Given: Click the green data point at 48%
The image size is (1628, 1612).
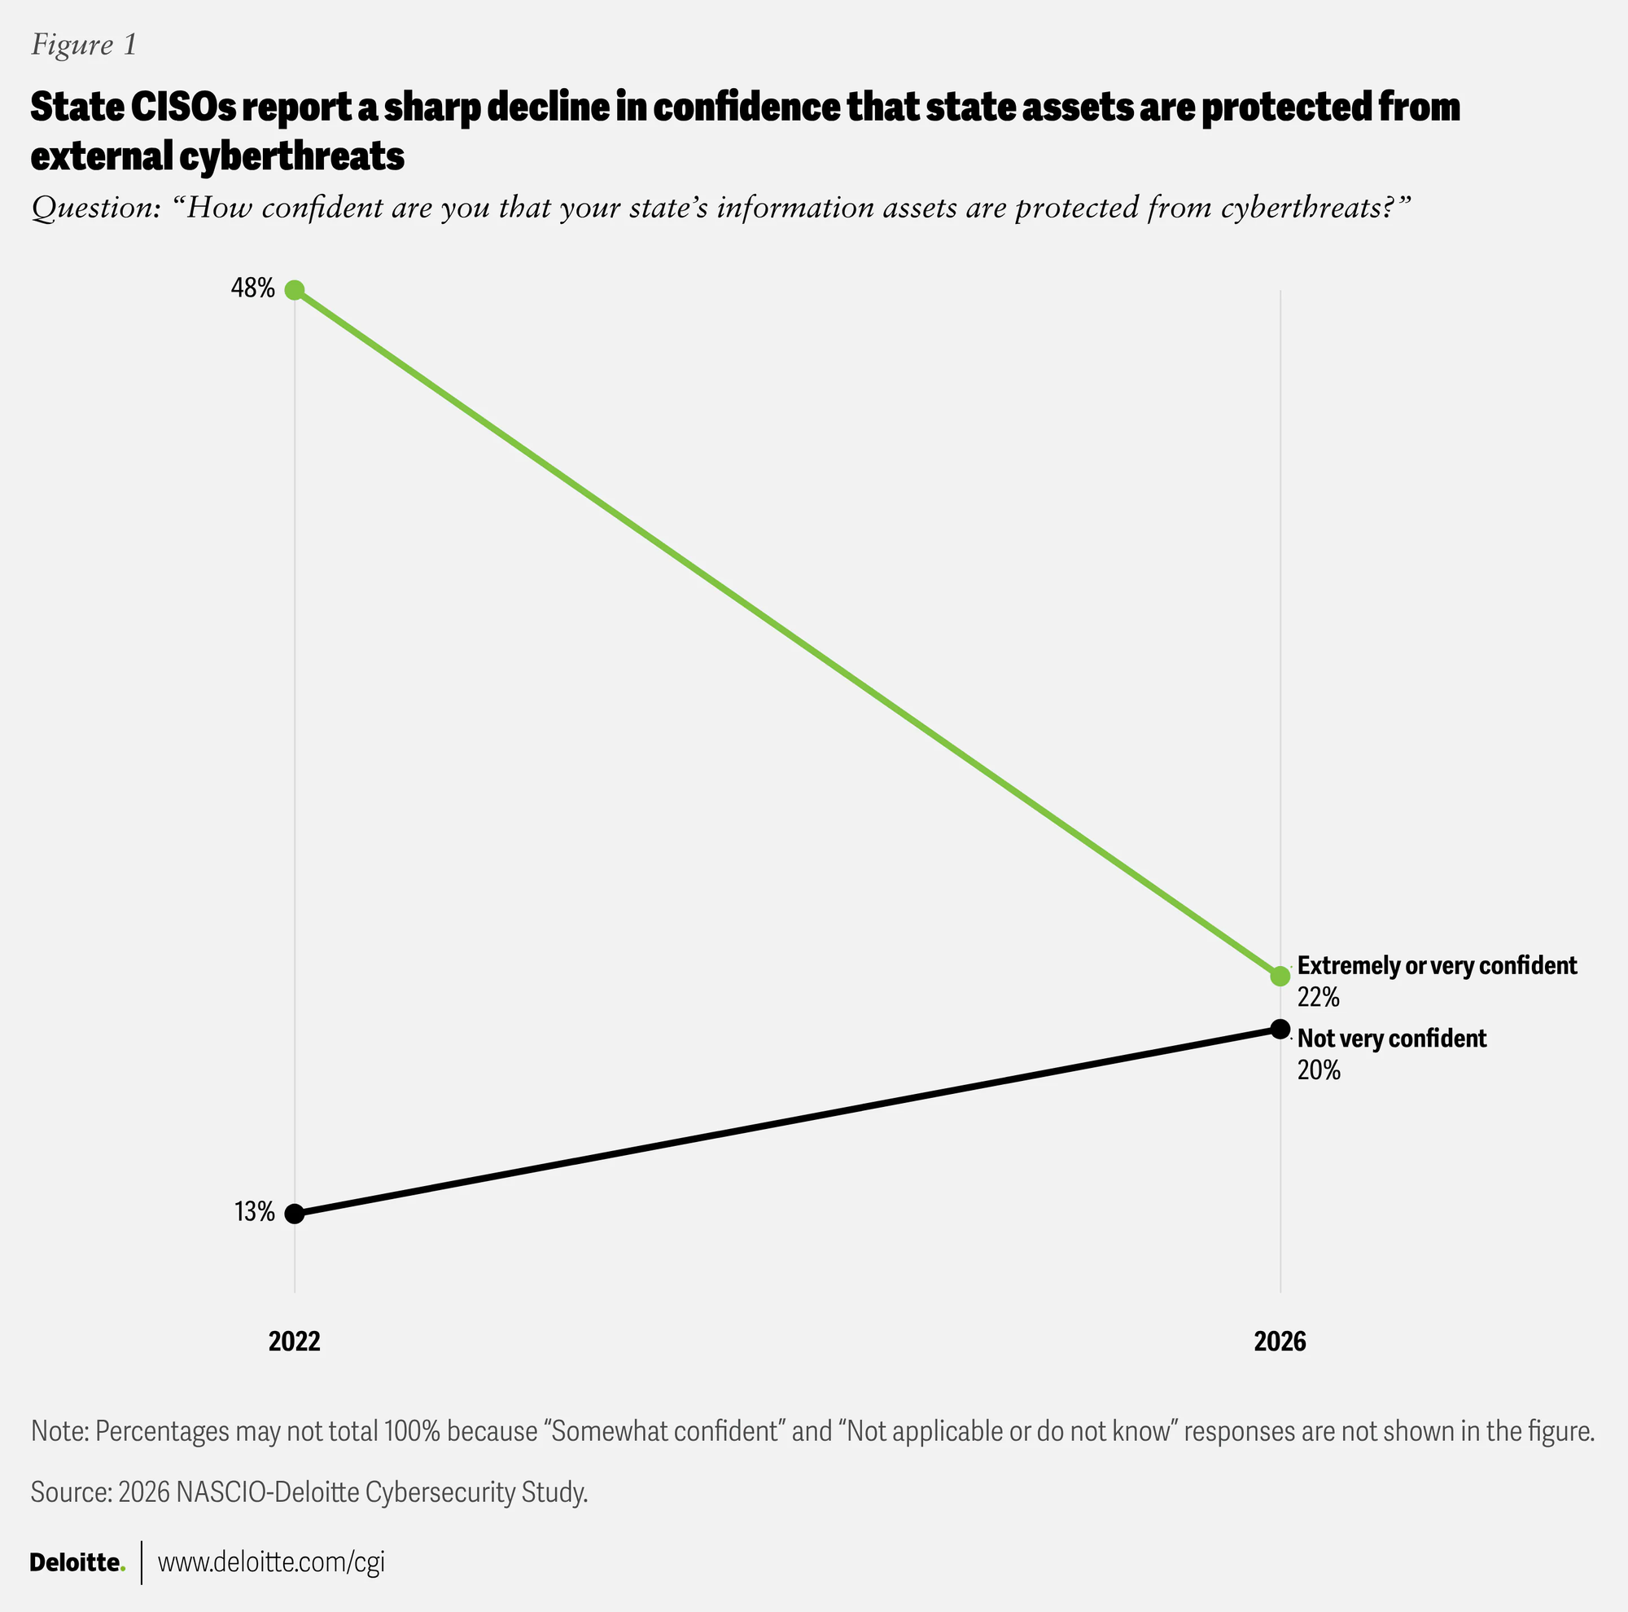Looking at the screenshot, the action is tap(294, 290).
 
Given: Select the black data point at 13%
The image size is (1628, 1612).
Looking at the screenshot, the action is tap(294, 1214).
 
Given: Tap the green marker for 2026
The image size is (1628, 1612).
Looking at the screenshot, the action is tap(1280, 977).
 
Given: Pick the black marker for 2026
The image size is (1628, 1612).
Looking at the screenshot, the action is tap(1280, 1029).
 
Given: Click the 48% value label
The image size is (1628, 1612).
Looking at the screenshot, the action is tap(253, 289).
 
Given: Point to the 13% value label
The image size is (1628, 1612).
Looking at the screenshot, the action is tap(255, 1212).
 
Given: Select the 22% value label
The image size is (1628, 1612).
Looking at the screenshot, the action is tap(1319, 997).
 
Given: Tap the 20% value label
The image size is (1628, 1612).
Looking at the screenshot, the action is tap(1319, 1071).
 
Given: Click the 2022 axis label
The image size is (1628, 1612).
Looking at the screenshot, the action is tap(295, 1341).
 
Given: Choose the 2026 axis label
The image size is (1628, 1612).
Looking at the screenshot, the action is tap(1280, 1341).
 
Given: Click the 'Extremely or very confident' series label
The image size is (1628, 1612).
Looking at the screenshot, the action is tap(1437, 966).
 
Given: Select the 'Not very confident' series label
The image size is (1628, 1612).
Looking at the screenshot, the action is tap(1392, 1039).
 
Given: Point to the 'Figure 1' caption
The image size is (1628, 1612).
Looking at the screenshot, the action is tap(83, 45).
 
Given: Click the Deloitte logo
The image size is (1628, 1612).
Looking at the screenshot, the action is tap(77, 1562).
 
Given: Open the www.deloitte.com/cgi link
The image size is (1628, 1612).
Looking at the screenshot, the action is tap(271, 1562).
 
